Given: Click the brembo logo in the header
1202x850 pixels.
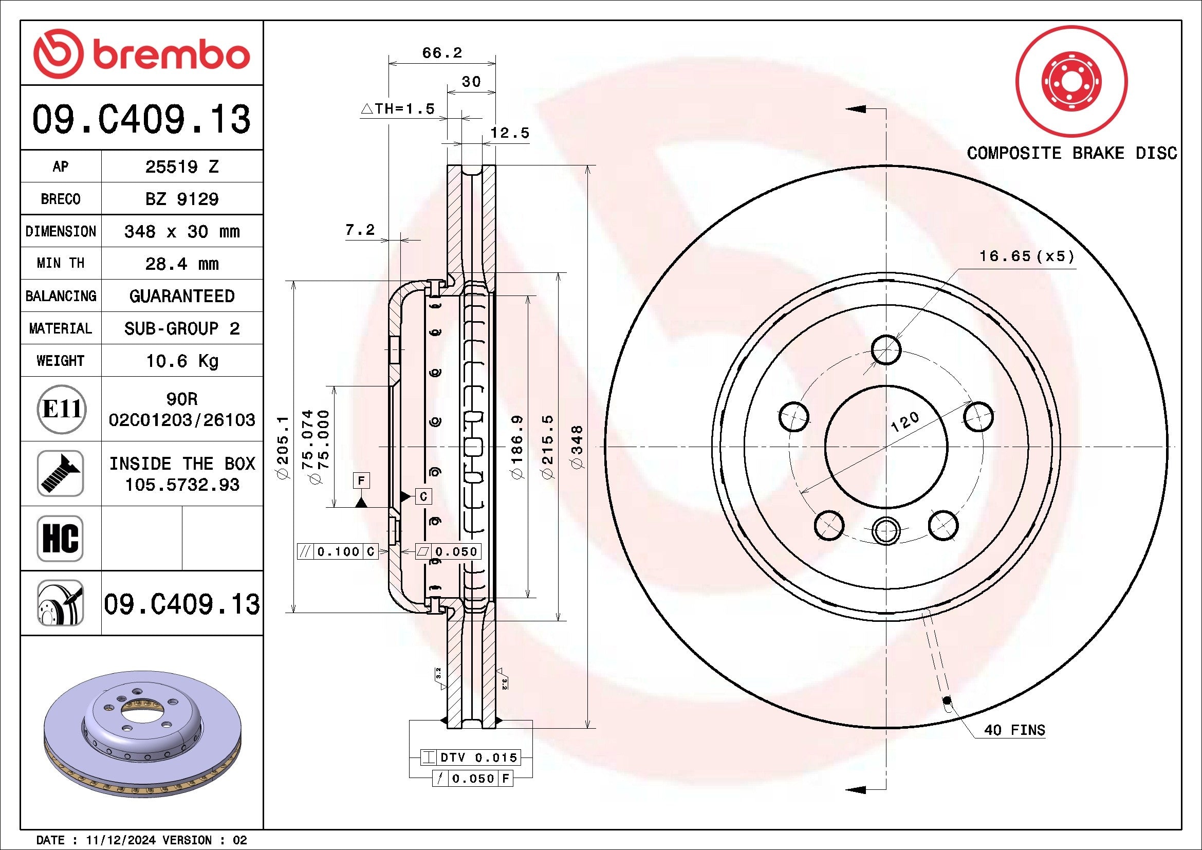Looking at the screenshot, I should [x=141, y=54].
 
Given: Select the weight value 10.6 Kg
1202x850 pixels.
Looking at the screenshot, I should [x=181, y=361].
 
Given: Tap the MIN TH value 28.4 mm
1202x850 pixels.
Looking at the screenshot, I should [x=181, y=264].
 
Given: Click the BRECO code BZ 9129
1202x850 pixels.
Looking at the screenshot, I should [x=181, y=199].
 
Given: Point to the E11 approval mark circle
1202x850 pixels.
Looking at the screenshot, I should [x=61, y=409].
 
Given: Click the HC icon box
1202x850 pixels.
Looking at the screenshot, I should [x=60, y=538].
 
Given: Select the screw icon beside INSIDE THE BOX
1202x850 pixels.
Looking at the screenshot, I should [x=60, y=473].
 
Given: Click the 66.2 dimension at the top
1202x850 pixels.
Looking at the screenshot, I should [x=442, y=53].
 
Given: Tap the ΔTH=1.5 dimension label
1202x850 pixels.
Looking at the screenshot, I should [x=398, y=109].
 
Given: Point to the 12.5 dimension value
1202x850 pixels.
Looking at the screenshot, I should [x=509, y=133].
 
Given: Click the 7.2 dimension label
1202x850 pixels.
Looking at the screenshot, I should [x=360, y=230].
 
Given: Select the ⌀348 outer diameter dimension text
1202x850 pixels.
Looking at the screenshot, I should [x=577, y=447].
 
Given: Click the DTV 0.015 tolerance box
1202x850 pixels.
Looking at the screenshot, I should [x=471, y=757].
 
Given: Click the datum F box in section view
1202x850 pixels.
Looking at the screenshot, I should [x=361, y=481].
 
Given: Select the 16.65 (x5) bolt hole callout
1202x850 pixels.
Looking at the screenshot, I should [x=1026, y=256].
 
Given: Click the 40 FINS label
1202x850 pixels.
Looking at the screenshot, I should [x=1014, y=730].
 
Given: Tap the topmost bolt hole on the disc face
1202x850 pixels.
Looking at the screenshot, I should [x=886, y=349].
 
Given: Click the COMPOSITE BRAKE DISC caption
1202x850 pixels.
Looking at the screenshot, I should [x=1071, y=153].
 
